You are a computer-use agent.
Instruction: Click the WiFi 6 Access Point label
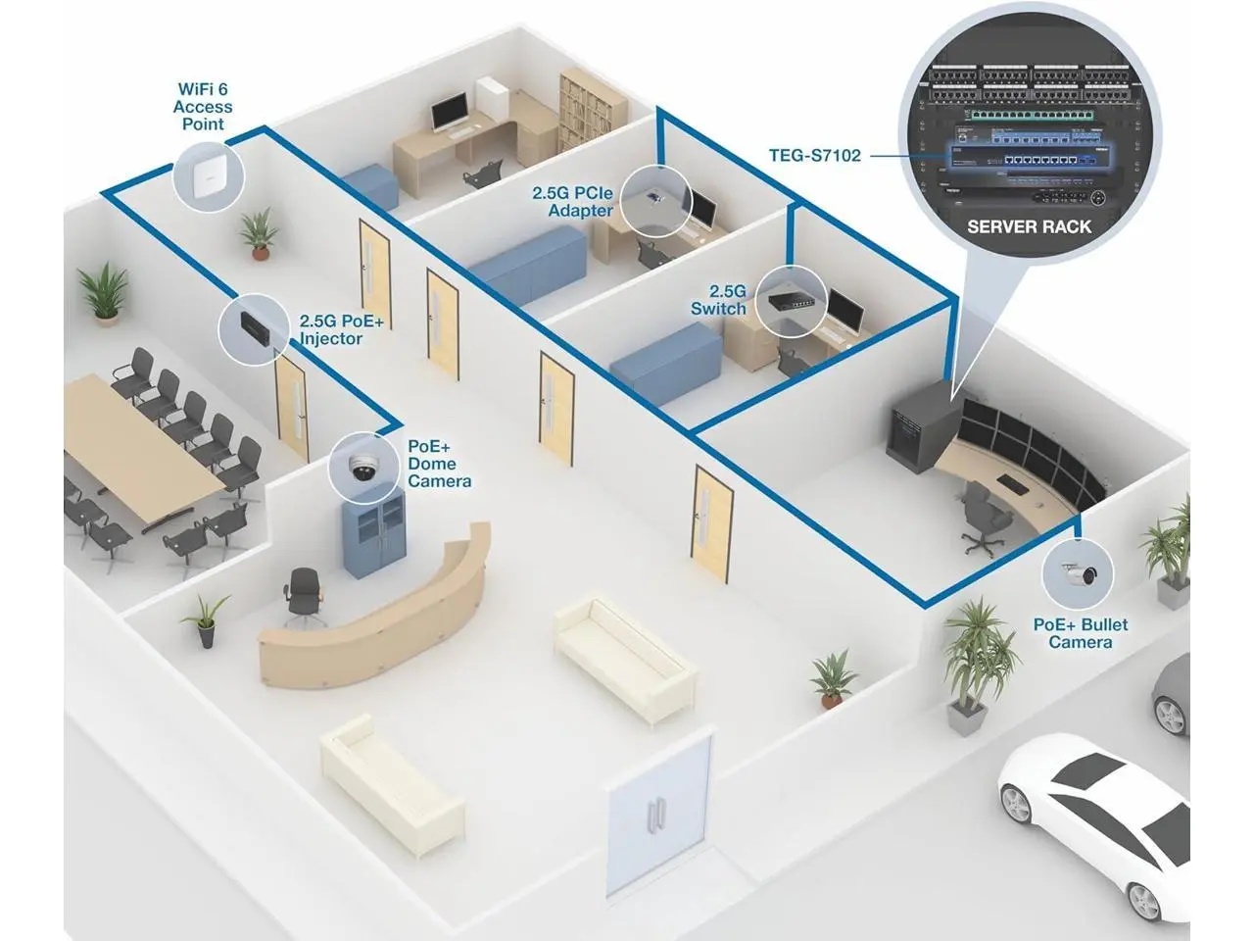(203, 107)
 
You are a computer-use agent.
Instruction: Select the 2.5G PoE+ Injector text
(341, 329)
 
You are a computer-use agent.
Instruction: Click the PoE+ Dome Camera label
(439, 463)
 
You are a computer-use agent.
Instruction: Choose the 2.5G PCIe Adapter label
(572, 202)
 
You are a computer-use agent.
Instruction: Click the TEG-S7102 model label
(814, 154)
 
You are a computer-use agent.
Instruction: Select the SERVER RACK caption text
(1029, 226)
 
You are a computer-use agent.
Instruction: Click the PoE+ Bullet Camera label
(1081, 633)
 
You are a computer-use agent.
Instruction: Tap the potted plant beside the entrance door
(832, 676)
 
